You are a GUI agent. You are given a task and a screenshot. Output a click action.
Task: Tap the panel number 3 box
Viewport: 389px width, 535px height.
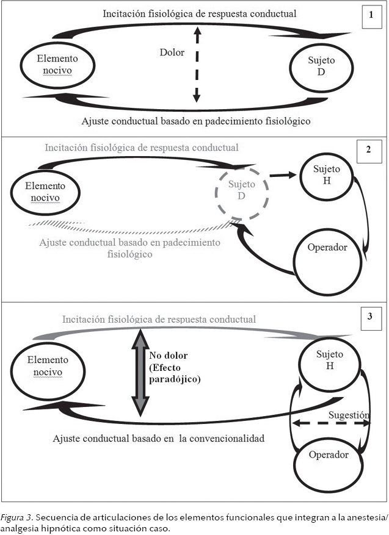pyautogui.click(x=370, y=317)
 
